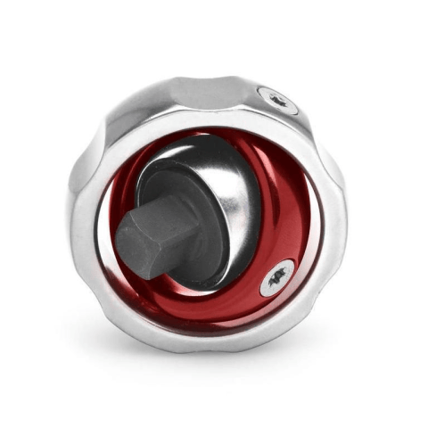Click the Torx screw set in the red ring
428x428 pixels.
pyautogui.click(x=276, y=278)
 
